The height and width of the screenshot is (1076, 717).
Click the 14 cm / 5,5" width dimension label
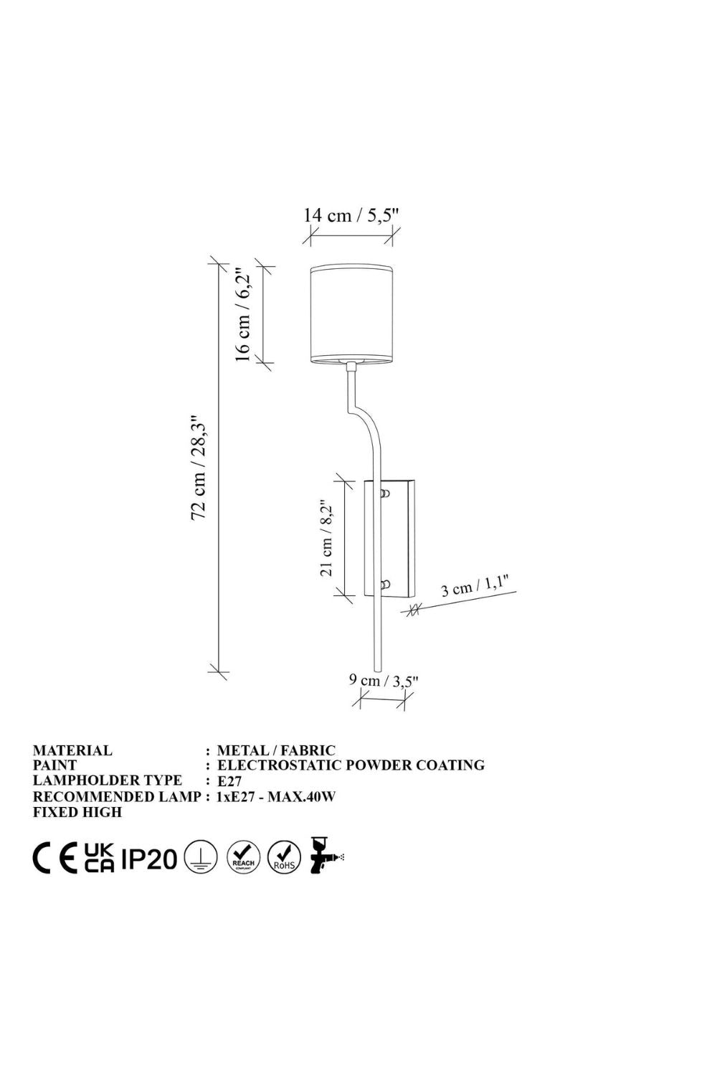coord(351,215)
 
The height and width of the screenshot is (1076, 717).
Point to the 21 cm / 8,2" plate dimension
coord(326,538)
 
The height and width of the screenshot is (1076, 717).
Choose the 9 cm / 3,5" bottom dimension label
coord(384,681)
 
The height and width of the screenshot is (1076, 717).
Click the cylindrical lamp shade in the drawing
coord(351,313)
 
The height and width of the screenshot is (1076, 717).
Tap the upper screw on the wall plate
coord(385,494)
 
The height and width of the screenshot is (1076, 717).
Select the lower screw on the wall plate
coord(385,585)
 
